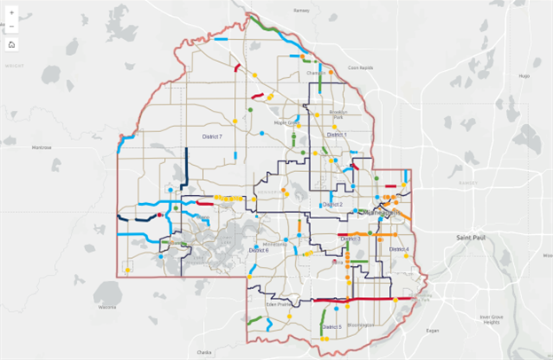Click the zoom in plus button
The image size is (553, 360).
[x=12, y=14]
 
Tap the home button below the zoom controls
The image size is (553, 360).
[x=12, y=43]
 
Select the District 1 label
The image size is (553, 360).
[x=336, y=134]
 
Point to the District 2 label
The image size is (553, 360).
[x=332, y=204]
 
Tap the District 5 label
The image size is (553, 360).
[x=329, y=327]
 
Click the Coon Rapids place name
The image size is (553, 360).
[x=360, y=67]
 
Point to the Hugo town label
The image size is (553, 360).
[x=523, y=76]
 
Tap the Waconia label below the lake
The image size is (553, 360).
[x=108, y=307]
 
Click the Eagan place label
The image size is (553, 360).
[x=432, y=329]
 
